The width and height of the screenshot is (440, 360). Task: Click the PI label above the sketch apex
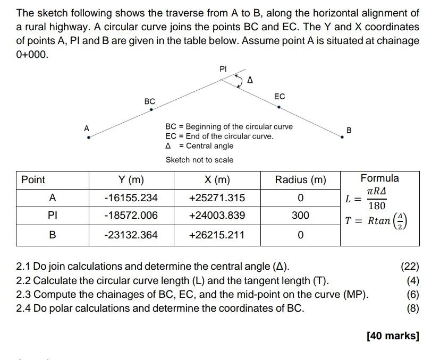(x=223, y=68)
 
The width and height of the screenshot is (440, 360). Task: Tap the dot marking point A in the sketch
(x=89, y=137)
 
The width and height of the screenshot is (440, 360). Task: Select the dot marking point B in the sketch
(x=343, y=137)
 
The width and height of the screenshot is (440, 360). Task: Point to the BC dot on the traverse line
(x=151, y=110)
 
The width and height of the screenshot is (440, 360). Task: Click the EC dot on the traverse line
(x=279, y=107)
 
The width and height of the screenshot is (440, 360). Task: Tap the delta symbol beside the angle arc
(x=250, y=81)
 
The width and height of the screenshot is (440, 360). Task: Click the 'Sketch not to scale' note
(x=199, y=159)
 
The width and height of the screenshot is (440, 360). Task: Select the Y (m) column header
(x=131, y=180)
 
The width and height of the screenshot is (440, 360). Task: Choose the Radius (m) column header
(x=300, y=180)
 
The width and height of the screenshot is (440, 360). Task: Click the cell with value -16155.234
(x=131, y=198)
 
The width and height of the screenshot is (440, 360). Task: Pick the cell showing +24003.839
(x=217, y=216)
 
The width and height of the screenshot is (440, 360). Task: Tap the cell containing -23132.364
(x=131, y=235)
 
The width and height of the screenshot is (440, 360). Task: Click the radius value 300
(x=300, y=216)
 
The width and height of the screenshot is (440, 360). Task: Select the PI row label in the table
(x=52, y=216)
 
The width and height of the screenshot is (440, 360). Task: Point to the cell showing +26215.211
(x=217, y=235)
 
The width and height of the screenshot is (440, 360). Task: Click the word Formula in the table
(x=379, y=178)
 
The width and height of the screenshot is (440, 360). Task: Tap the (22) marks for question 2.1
(x=410, y=267)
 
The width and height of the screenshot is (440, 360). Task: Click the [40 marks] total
(x=393, y=336)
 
